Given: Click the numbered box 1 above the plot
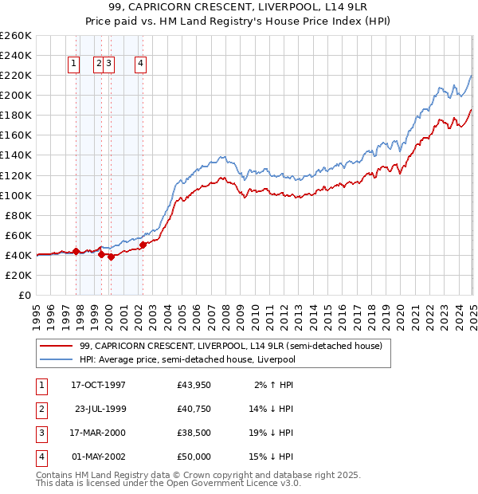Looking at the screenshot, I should click(73, 65).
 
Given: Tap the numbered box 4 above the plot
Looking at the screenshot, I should click(140, 65).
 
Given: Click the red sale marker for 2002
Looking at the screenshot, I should click(143, 245).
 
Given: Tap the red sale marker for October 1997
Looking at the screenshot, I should click(76, 251).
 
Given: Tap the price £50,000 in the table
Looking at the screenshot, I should click(194, 457).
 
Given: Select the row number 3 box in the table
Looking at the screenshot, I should click(41, 433).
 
